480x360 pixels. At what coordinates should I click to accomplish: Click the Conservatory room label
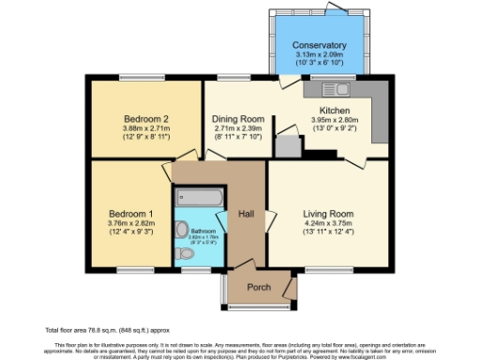point(319,45)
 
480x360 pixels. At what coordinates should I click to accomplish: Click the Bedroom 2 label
point(145,119)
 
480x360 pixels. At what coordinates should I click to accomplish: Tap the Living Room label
point(327,213)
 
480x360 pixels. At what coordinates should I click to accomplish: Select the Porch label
point(258,287)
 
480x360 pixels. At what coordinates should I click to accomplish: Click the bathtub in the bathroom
point(199,199)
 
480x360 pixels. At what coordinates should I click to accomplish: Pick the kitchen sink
point(335,90)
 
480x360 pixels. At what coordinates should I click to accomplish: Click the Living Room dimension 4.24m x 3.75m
point(327,224)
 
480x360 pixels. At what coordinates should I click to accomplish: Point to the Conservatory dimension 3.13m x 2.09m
point(319,55)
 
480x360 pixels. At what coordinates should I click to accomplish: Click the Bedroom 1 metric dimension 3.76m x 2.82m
point(130,223)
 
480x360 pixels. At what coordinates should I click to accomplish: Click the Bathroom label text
point(203,231)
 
